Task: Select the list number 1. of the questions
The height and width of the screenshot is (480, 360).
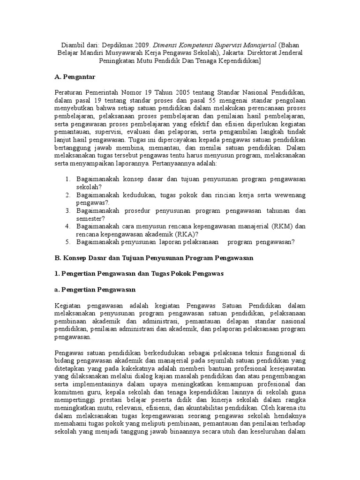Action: (x=68, y=179)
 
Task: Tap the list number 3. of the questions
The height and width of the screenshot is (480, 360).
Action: (x=68, y=210)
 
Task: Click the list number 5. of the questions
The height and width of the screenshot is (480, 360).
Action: (x=68, y=242)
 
